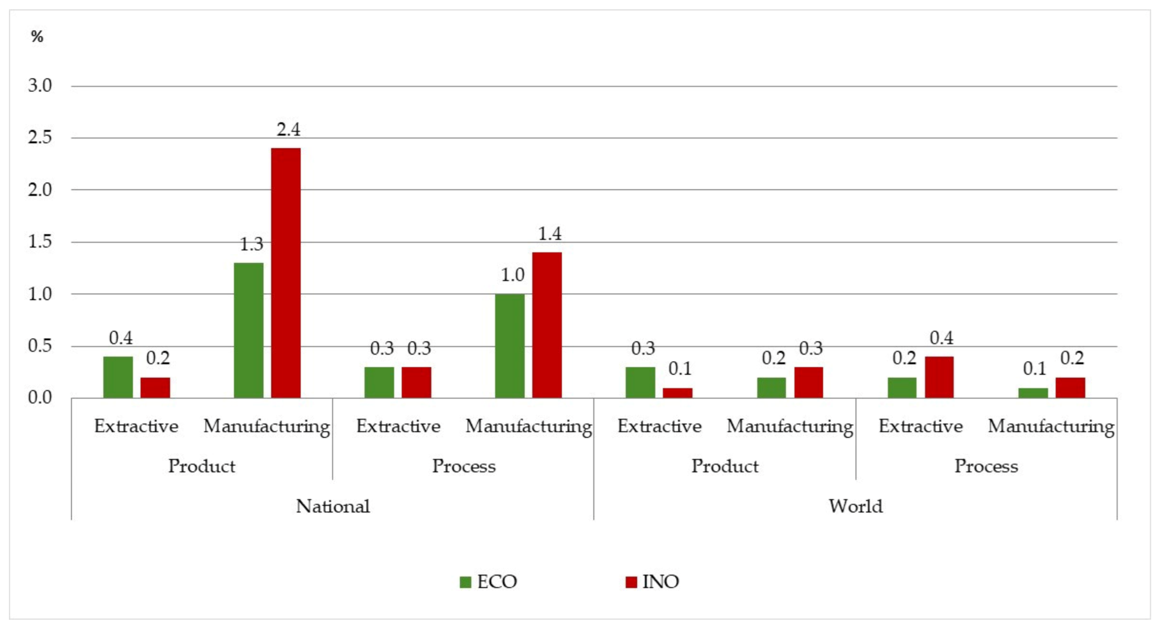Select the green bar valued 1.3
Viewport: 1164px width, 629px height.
pos(248,330)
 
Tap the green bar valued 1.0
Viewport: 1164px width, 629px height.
pos(510,346)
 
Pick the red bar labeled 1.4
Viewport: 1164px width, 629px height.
pos(547,325)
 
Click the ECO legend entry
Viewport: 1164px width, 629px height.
pos(488,582)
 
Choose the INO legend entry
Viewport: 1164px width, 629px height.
pos(652,582)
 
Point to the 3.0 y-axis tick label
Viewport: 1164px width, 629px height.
pos(40,85)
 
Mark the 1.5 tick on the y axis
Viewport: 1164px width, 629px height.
pos(40,242)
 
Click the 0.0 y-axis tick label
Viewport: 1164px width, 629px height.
pos(40,397)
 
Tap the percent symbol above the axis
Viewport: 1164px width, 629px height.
pos(37,36)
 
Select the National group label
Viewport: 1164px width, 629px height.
pos(333,506)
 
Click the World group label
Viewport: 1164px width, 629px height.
pos(855,506)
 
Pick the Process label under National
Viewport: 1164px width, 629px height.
pos(463,466)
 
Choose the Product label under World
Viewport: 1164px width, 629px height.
pos(725,466)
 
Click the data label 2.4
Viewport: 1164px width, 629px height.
pos(288,130)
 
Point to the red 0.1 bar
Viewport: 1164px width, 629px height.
pos(677,393)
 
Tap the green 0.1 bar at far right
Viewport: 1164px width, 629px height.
pos(1033,393)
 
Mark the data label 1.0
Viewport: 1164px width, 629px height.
pos(512,275)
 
